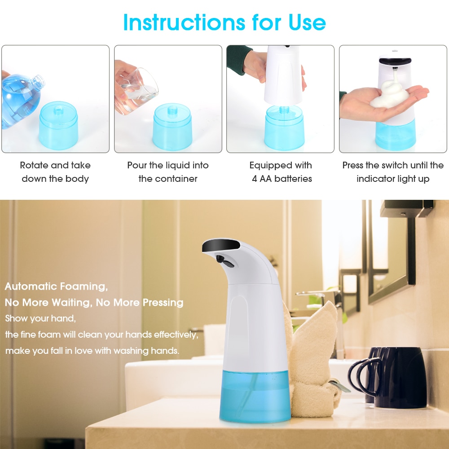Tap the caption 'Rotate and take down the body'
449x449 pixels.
pyautogui.click(x=55, y=172)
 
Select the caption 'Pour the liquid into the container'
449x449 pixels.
pyautogui.click(x=168, y=172)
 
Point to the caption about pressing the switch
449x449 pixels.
pyautogui.click(x=393, y=172)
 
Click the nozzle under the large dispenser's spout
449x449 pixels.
pyautogui.click(x=223, y=260)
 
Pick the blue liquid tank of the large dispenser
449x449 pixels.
pyautogui.click(x=255, y=395)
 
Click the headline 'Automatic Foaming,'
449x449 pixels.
pyautogui.click(x=56, y=286)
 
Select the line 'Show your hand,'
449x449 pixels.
pyautogui.click(x=40, y=318)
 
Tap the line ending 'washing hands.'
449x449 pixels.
pyautogui.click(x=92, y=351)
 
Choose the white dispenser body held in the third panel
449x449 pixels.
pyautogui.click(x=285, y=76)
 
